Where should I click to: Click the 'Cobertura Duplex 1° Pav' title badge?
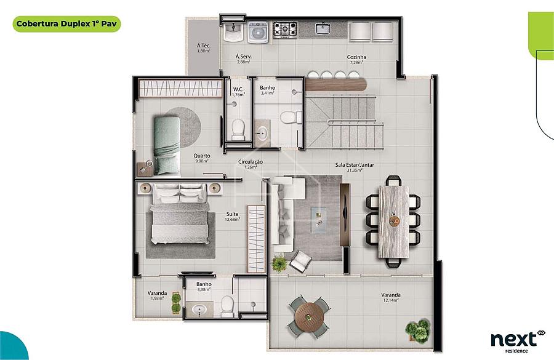[x=66, y=24]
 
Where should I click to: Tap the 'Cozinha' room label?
[x=356, y=57]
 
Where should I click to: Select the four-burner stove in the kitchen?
[x=284, y=30]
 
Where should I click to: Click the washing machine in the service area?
[x=258, y=32]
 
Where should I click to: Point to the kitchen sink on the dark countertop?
[x=323, y=28]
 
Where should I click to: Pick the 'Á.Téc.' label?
[x=204, y=46]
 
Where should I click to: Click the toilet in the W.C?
[x=238, y=130]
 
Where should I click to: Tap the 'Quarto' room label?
[x=202, y=156]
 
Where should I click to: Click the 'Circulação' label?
[x=250, y=162]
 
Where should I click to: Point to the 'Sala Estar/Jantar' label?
[x=355, y=165]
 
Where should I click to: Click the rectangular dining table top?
[x=394, y=222]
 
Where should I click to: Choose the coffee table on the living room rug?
[x=318, y=220]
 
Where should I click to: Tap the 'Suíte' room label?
[x=232, y=214]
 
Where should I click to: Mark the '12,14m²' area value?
[x=390, y=300]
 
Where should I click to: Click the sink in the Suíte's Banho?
[x=199, y=310]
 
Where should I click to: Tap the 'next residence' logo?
[x=517, y=341]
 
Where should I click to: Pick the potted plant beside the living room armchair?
[x=279, y=263]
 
